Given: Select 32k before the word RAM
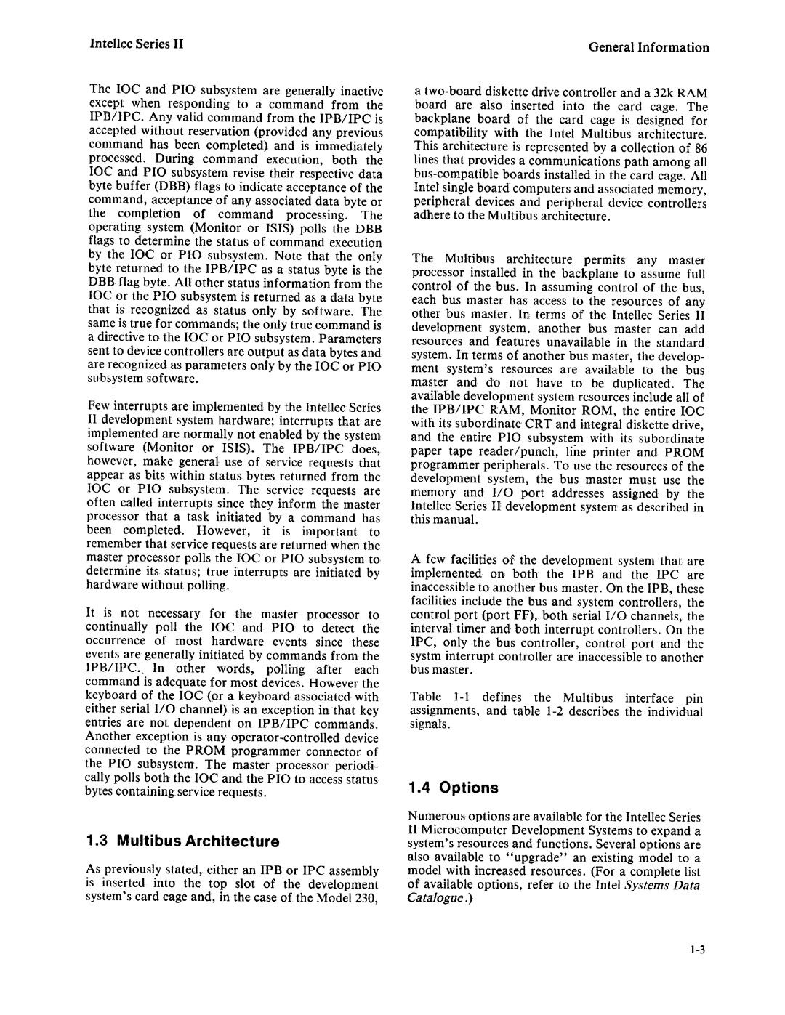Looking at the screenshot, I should [x=661, y=93].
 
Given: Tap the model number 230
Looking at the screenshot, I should [x=367, y=898].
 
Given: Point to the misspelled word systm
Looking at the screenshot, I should [x=427, y=658].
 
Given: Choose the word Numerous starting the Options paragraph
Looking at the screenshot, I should [x=436, y=817].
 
